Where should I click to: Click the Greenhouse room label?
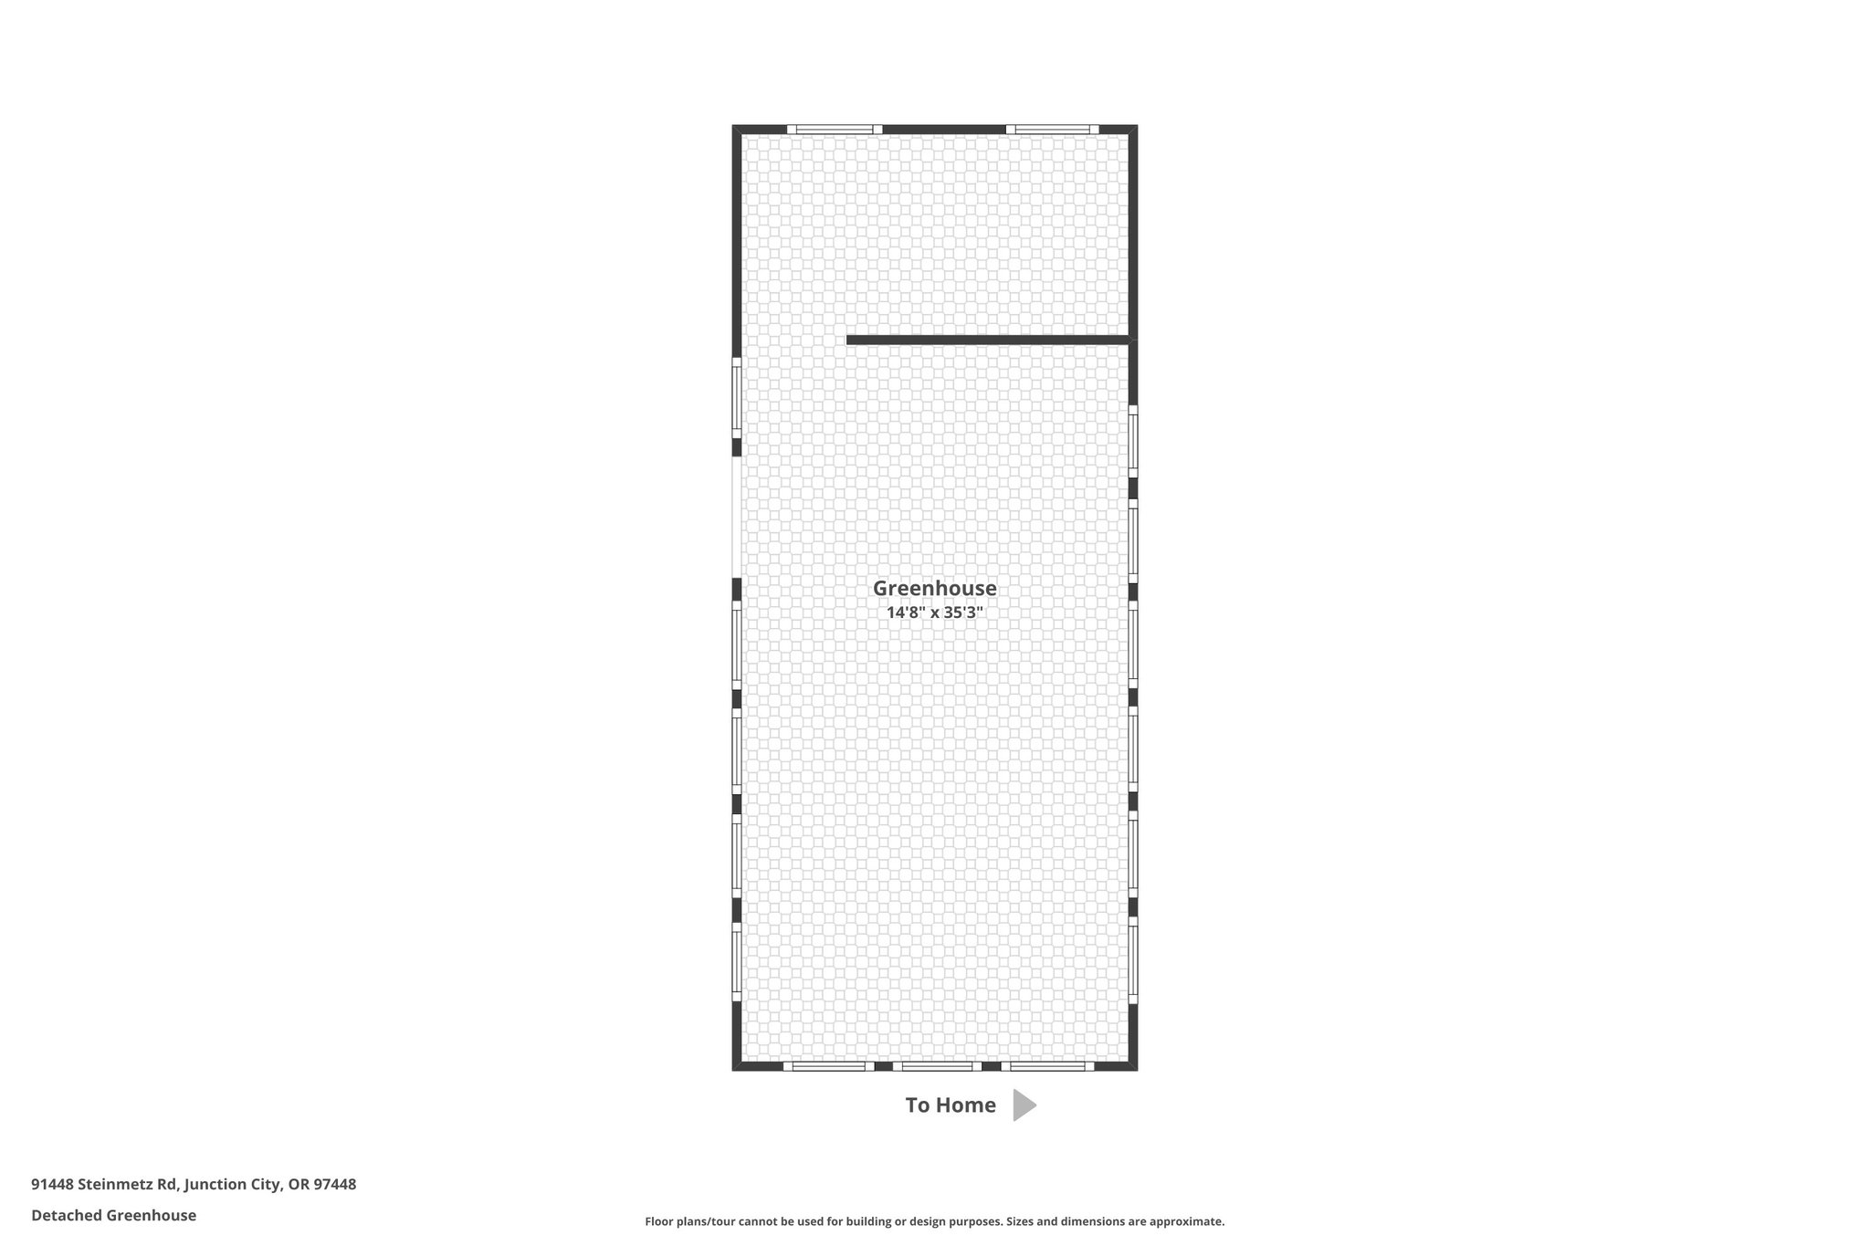point(934,589)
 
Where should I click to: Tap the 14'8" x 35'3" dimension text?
point(934,613)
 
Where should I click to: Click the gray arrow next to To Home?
point(1024,1105)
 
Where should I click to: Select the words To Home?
point(951,1105)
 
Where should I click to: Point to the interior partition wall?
point(988,340)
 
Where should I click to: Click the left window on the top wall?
point(835,130)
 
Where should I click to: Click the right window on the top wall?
point(1052,130)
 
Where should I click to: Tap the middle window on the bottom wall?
point(937,1066)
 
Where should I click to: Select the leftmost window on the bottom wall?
point(828,1066)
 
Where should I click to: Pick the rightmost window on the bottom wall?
point(1047,1066)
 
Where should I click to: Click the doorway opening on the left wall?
point(736,518)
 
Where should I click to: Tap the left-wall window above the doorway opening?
point(736,398)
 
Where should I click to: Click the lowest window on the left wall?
point(736,962)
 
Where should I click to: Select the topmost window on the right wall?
point(1133,442)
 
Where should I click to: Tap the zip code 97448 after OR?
point(334,1185)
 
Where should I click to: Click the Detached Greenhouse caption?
point(113,1216)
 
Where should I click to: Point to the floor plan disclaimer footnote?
point(935,1221)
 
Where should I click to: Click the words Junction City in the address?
point(232,1185)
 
